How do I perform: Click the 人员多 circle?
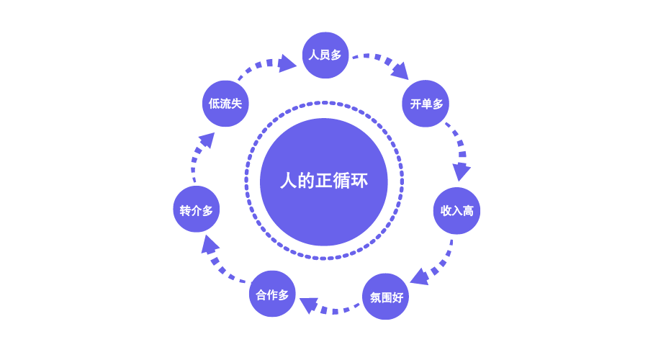coord(325,55)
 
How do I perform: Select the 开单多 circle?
coord(426,104)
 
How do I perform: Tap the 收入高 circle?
coord(456,210)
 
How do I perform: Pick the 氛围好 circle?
coord(386,297)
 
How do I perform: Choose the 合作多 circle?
coord(272,294)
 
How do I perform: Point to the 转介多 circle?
coord(197,210)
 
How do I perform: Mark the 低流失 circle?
coord(225,104)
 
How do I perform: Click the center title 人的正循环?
coord(324,181)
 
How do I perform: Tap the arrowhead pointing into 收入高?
coord(461,171)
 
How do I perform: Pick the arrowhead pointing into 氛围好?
coord(419,276)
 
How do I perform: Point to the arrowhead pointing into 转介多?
coord(210,245)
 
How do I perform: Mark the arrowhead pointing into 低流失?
coord(206,139)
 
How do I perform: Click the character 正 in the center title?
coord(324,181)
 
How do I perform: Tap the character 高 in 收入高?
coord(468,210)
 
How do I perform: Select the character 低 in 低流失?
coord(214,104)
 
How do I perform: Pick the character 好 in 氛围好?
coord(397,297)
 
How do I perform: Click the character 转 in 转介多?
coord(185,210)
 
